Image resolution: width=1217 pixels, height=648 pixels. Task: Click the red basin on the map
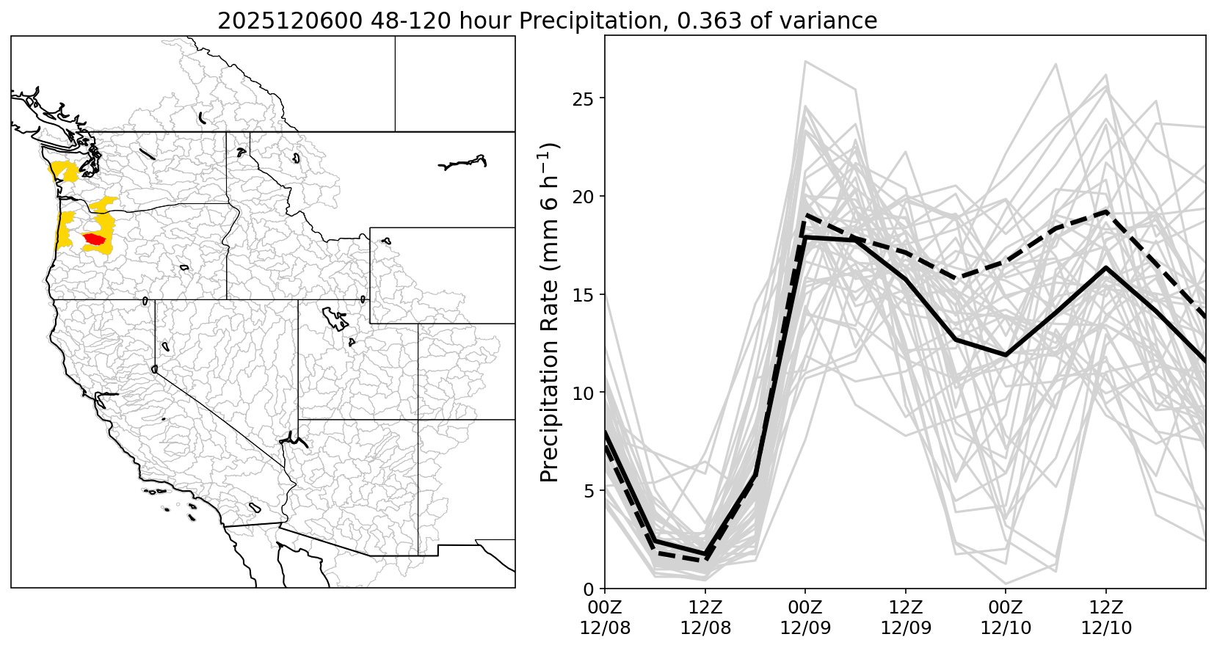click(x=94, y=239)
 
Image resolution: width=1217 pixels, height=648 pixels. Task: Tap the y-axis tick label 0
click(x=589, y=589)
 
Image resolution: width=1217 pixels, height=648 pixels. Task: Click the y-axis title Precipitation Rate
click(x=550, y=312)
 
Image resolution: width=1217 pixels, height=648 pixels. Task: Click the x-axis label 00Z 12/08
click(x=604, y=618)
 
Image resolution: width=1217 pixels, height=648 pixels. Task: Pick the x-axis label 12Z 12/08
click(x=705, y=618)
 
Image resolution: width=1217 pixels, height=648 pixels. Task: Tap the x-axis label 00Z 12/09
click(x=805, y=618)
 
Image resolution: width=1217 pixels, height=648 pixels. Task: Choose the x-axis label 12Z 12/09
click(x=905, y=618)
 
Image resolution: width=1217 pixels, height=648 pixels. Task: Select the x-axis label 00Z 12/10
click(x=1006, y=618)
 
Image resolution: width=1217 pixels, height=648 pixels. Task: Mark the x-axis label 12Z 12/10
click(x=1105, y=618)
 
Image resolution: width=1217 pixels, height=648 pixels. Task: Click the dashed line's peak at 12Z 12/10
click(x=1105, y=211)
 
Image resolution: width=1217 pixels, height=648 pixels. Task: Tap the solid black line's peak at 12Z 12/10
click(x=1105, y=268)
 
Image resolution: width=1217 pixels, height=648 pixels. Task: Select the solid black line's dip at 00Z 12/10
click(x=1006, y=355)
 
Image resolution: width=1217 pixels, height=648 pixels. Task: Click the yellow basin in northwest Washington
click(x=63, y=172)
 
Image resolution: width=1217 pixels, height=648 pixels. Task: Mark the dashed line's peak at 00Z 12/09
click(x=806, y=216)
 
